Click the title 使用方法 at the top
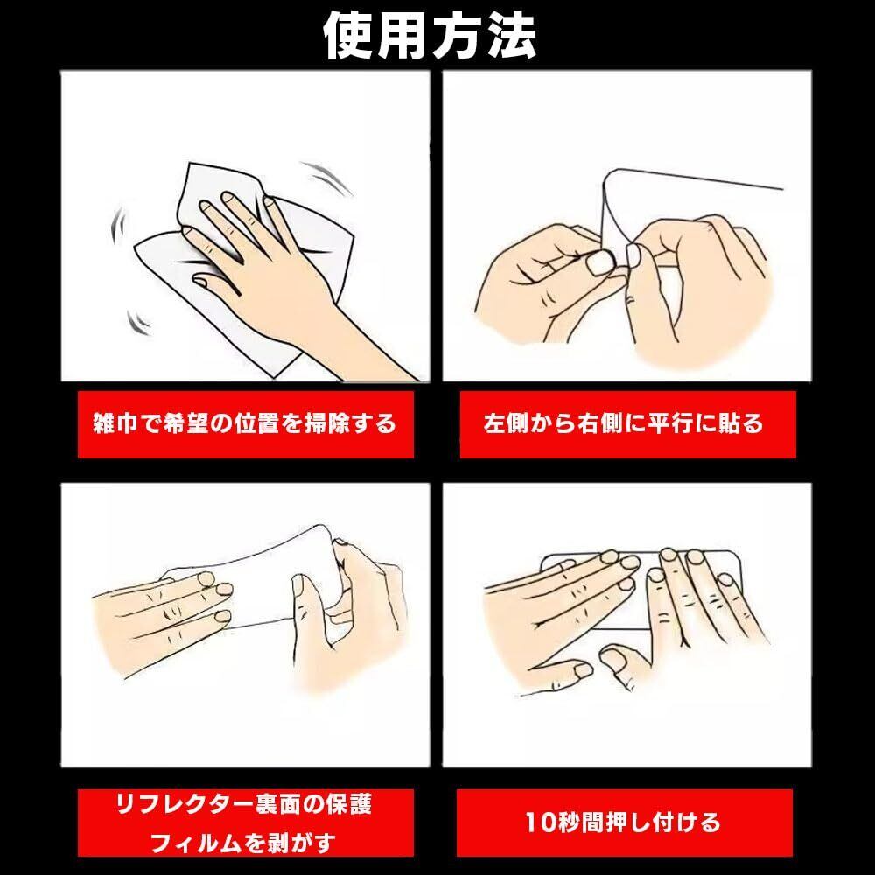pos(430,35)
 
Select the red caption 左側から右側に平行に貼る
pos(623,423)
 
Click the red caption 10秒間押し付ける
pos(623,822)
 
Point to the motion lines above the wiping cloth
pos(326,178)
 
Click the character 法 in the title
pos(511,35)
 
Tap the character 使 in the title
pos(349,35)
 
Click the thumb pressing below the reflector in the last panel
pos(619,660)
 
